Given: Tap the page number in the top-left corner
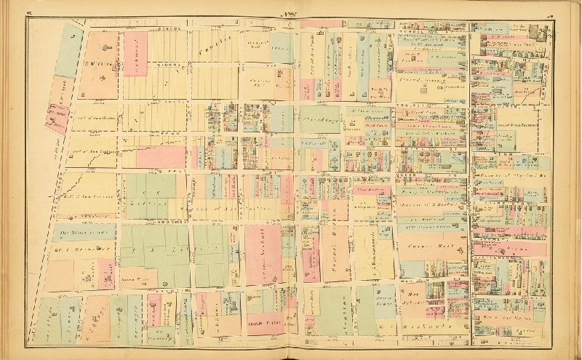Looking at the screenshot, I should click(29, 13).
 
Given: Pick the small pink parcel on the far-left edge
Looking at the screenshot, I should click(55, 116).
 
